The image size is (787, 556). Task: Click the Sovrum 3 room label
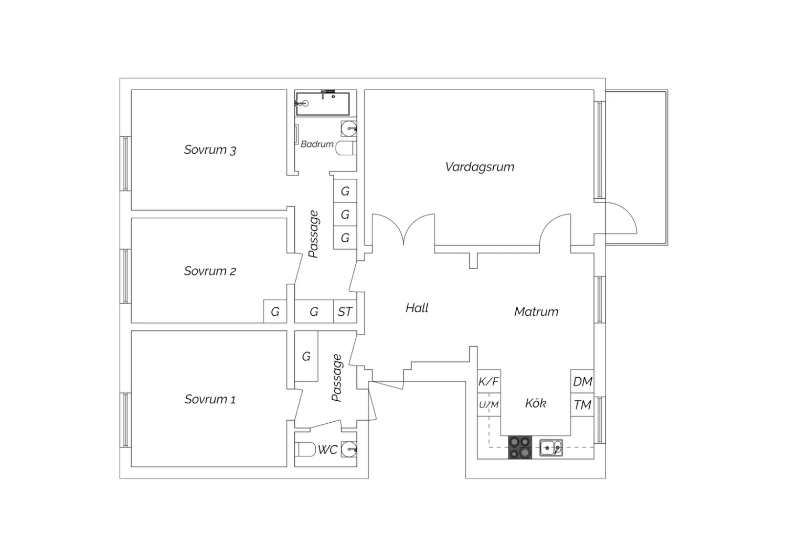click(210, 150)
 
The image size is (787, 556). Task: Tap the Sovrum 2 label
click(210, 271)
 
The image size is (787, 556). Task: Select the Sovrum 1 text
click(210, 399)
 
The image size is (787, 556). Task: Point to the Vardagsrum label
click(480, 167)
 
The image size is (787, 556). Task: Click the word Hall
click(417, 308)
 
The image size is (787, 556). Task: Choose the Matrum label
click(536, 312)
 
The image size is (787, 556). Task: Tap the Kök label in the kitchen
click(536, 403)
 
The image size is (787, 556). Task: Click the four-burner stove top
click(520, 447)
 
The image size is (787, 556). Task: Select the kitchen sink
click(551, 448)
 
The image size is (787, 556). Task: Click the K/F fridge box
click(488, 381)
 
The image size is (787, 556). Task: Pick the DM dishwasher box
click(582, 381)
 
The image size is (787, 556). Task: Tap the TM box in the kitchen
click(582, 404)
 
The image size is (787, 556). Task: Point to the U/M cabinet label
click(488, 404)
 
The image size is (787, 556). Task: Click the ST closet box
click(345, 311)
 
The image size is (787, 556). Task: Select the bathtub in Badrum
click(323, 104)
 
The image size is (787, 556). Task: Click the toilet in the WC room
click(305, 449)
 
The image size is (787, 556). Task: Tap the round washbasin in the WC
click(349, 449)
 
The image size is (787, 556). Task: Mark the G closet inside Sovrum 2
click(275, 311)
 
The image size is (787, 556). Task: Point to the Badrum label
click(317, 144)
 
